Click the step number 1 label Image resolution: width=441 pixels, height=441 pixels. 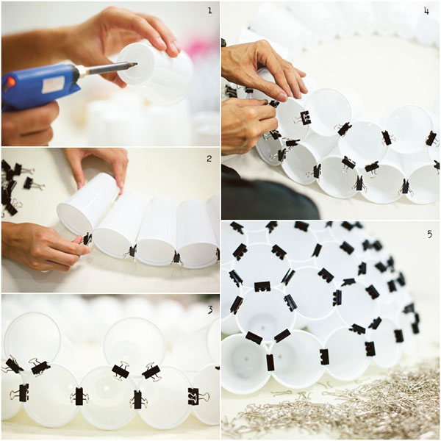209,10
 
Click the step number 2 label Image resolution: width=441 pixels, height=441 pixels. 209,158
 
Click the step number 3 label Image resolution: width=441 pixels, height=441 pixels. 209,309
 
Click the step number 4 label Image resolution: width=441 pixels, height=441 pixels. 426,11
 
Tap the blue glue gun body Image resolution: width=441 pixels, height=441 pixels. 37,85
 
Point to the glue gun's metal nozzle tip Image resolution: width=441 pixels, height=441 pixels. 132,65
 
